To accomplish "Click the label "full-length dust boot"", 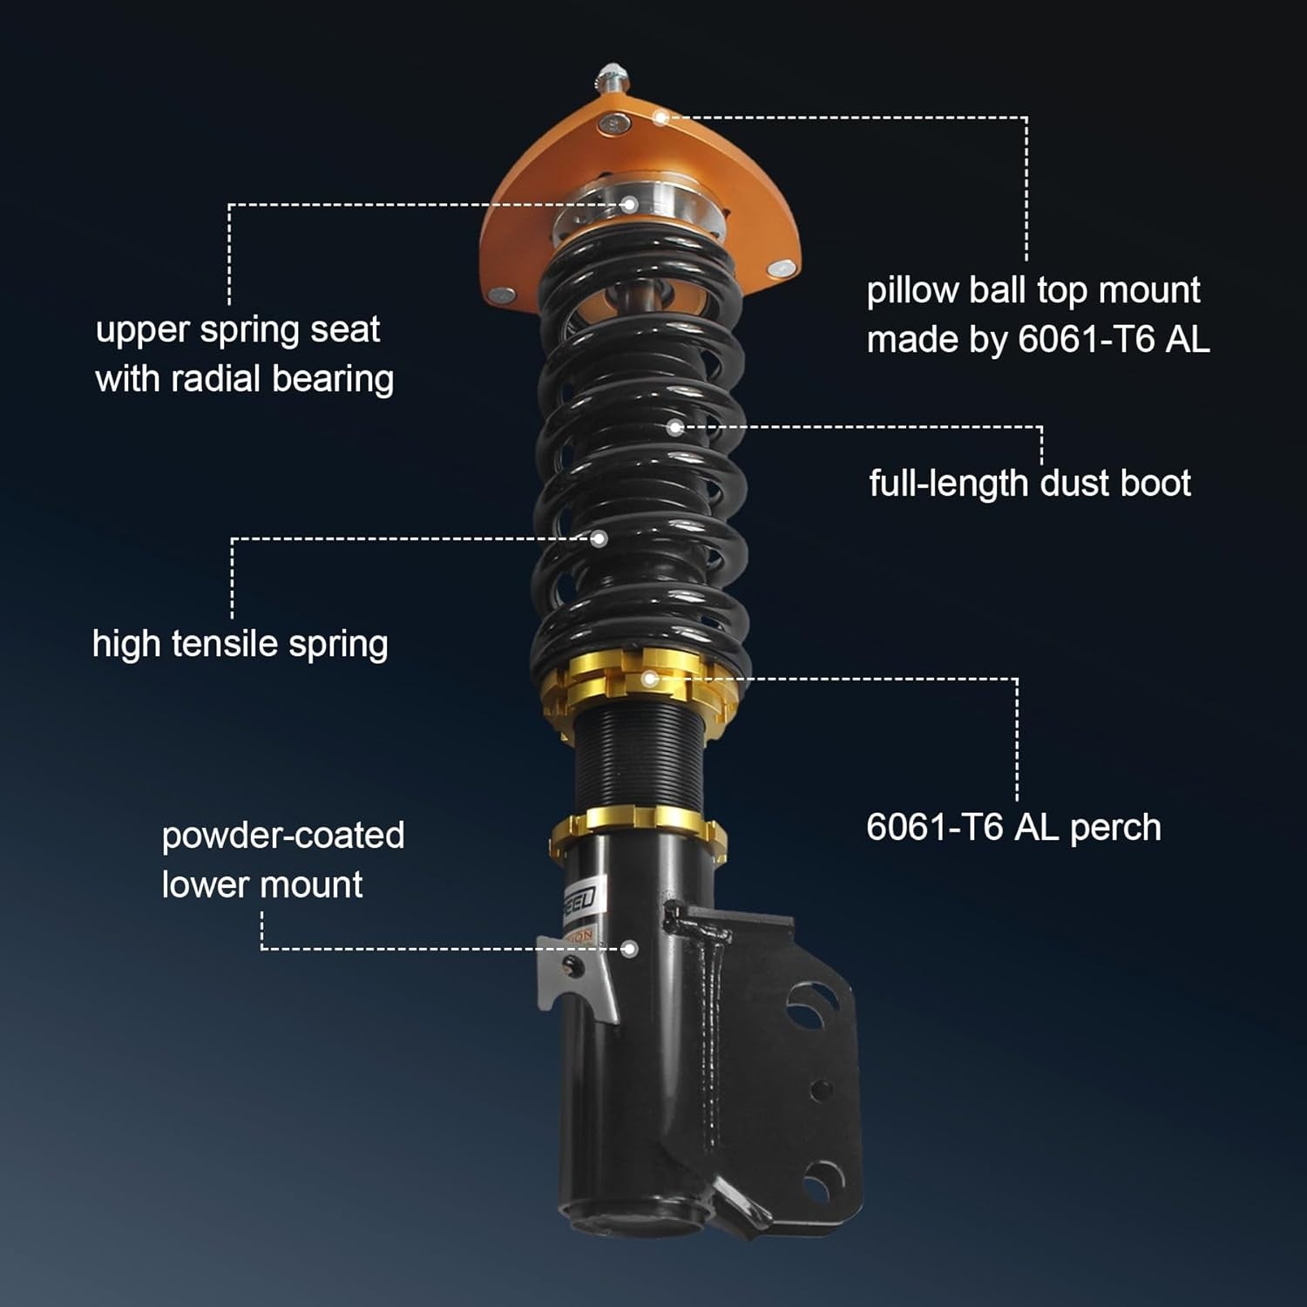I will point(1029,484).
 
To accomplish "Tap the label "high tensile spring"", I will point(240,645).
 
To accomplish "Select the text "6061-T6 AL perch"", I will point(1012,827).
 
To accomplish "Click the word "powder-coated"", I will point(283,836).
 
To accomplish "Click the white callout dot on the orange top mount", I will point(660,118).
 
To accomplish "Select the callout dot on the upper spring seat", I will point(629,206).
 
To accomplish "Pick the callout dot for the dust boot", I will point(674,428).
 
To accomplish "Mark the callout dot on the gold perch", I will point(649,679).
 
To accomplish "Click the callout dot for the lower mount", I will point(629,949).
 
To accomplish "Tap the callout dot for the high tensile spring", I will point(599,539).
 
